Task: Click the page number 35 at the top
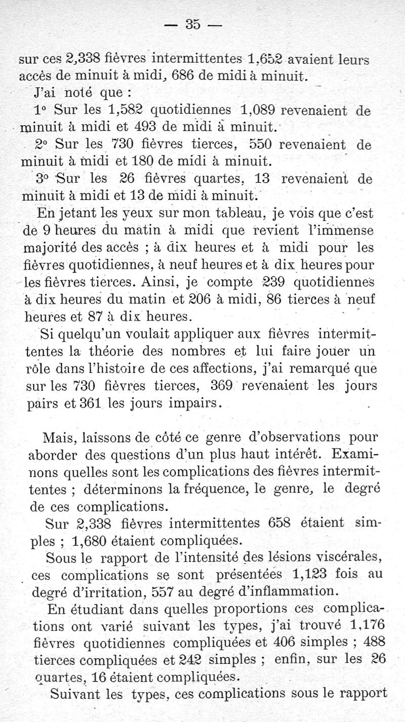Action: [193, 24]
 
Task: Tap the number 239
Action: [272, 282]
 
